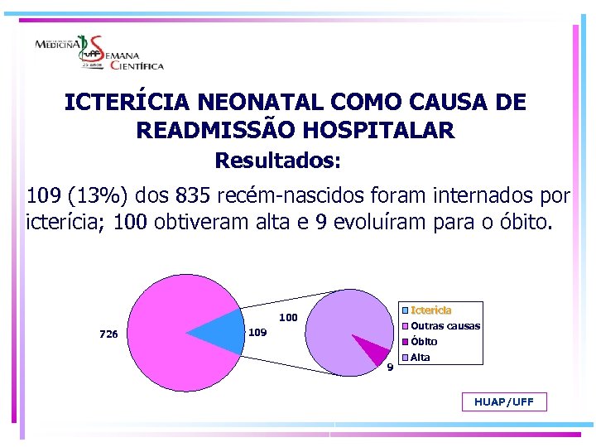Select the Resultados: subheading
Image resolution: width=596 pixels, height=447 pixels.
[x=278, y=159]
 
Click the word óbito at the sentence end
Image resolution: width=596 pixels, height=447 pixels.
[x=522, y=223]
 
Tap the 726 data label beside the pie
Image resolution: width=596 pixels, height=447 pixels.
[x=108, y=334]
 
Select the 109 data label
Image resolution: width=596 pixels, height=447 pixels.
[x=258, y=333]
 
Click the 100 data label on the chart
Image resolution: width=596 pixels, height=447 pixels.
[x=288, y=317]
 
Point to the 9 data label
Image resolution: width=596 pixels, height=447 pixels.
[x=390, y=368]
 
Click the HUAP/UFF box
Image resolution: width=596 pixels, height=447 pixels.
[x=504, y=402]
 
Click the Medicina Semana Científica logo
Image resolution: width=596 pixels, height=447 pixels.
[x=99, y=53]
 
